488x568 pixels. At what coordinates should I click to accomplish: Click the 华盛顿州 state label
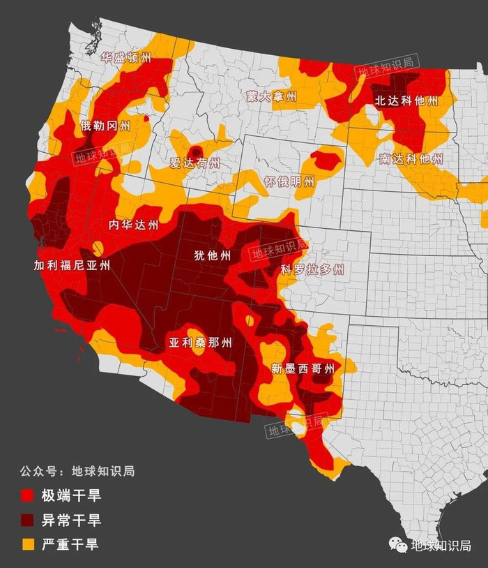point(125,59)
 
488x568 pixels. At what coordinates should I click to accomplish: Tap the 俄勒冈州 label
point(105,126)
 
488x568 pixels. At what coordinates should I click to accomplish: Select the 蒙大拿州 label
point(272,96)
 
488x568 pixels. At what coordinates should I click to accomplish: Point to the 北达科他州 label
point(406,100)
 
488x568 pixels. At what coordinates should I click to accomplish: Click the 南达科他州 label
point(411,158)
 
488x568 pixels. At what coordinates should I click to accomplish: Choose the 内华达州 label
point(134,225)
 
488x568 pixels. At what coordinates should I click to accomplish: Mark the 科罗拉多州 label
point(312,269)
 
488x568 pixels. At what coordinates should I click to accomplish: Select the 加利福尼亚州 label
point(73,265)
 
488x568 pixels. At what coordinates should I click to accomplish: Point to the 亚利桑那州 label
point(201,343)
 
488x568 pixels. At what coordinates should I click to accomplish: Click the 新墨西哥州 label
point(303,368)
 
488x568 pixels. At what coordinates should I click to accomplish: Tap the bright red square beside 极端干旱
point(27,496)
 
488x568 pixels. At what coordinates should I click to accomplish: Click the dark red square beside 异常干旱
point(27,520)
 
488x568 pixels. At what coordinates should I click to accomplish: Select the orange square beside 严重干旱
point(27,544)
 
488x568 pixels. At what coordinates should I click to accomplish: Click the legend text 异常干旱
point(71,520)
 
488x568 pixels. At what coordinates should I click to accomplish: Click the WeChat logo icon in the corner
point(398,545)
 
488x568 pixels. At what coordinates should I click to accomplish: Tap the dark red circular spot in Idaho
point(197,151)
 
